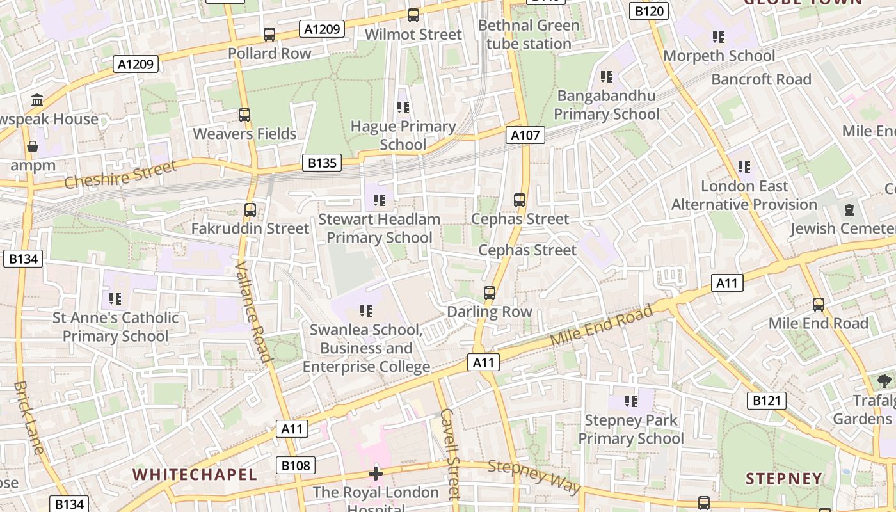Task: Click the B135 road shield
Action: [322, 163]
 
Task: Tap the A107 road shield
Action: [525, 135]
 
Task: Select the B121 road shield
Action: [766, 401]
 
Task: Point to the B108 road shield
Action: [296, 465]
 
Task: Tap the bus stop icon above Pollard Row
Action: [269, 35]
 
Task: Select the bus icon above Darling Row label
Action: [490, 293]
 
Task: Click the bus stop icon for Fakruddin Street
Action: [250, 210]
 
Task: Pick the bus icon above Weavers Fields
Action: [244, 115]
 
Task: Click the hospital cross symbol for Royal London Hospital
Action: [376, 474]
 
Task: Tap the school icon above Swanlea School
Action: [366, 311]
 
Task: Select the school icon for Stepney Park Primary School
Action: [631, 401]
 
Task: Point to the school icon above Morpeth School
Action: [719, 37]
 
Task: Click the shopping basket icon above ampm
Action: [33, 147]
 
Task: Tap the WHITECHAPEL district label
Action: [195, 475]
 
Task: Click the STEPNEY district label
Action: [784, 479]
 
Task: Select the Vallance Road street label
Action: [254, 311]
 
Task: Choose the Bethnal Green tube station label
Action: [529, 35]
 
